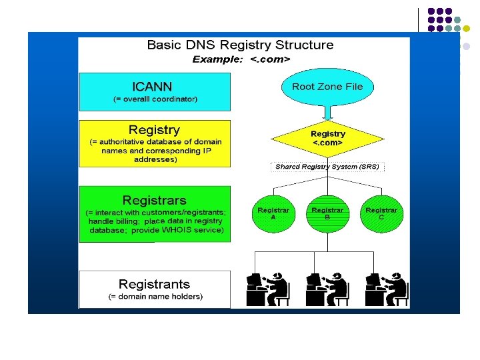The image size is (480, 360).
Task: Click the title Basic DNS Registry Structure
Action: click(240, 45)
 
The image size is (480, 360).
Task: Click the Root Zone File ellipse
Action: click(327, 87)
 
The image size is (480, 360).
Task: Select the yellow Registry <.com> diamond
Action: click(327, 139)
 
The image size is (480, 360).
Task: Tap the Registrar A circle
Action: click(273, 214)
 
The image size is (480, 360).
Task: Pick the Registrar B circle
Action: click(327, 214)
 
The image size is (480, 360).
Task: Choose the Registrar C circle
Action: click(381, 214)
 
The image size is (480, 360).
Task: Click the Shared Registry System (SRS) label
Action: click(327, 167)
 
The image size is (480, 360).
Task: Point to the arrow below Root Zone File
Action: click(327, 113)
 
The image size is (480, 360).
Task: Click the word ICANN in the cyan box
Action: click(152, 87)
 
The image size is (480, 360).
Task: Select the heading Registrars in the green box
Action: click(155, 200)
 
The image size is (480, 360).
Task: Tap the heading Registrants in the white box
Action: click(154, 284)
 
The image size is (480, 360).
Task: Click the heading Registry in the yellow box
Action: click(154, 129)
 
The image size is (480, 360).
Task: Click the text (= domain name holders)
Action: click(155, 297)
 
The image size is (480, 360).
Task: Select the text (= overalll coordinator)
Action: click(155, 99)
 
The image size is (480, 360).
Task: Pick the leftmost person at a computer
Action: click(268, 288)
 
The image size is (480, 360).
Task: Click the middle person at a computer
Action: click(327, 288)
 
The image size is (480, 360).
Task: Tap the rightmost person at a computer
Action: click(386, 288)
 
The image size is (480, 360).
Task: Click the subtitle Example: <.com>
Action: click(241, 59)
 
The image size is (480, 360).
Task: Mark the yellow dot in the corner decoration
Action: click(467, 29)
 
